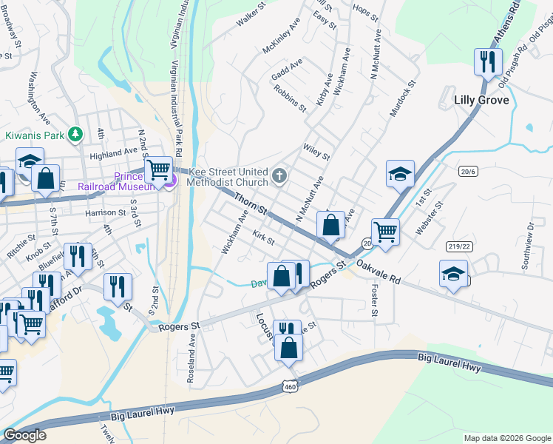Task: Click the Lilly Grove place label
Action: click(482, 100)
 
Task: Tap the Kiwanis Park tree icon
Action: click(74, 134)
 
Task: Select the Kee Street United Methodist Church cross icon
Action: click(279, 175)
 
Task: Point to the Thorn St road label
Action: click(251, 205)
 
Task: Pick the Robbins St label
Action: click(289, 98)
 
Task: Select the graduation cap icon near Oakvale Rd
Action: click(453, 274)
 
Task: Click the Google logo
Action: click(24, 435)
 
